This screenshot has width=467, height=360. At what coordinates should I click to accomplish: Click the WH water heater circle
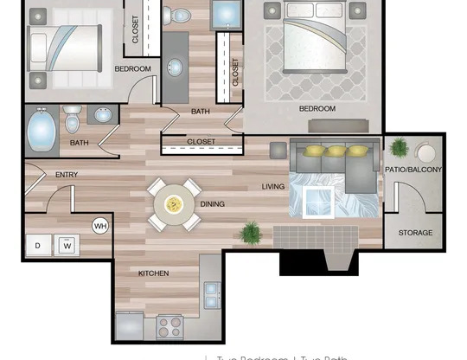click(x=99, y=226)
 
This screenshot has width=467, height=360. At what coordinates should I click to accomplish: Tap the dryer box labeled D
click(x=38, y=245)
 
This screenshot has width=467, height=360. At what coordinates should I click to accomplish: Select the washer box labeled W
click(x=67, y=245)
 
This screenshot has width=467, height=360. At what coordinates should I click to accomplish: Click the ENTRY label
click(x=67, y=175)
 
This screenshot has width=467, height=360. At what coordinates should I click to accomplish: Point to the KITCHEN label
click(x=153, y=273)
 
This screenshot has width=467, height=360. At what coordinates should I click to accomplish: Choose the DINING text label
click(x=212, y=204)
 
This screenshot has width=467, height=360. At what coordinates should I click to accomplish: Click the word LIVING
click(x=274, y=186)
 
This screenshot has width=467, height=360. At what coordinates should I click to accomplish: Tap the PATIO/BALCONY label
click(x=413, y=170)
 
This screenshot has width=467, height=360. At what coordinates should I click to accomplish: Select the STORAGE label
click(x=414, y=233)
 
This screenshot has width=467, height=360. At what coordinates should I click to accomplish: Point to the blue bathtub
click(x=41, y=132)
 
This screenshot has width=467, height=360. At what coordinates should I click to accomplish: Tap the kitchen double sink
click(x=212, y=297)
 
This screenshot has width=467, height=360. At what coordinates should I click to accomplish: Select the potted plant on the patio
click(x=399, y=147)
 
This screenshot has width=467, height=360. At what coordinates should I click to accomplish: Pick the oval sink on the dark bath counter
click(x=174, y=68)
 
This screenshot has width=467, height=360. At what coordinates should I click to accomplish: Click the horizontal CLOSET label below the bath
click(x=202, y=141)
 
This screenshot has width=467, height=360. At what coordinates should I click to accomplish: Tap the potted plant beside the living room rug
click(x=252, y=232)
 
